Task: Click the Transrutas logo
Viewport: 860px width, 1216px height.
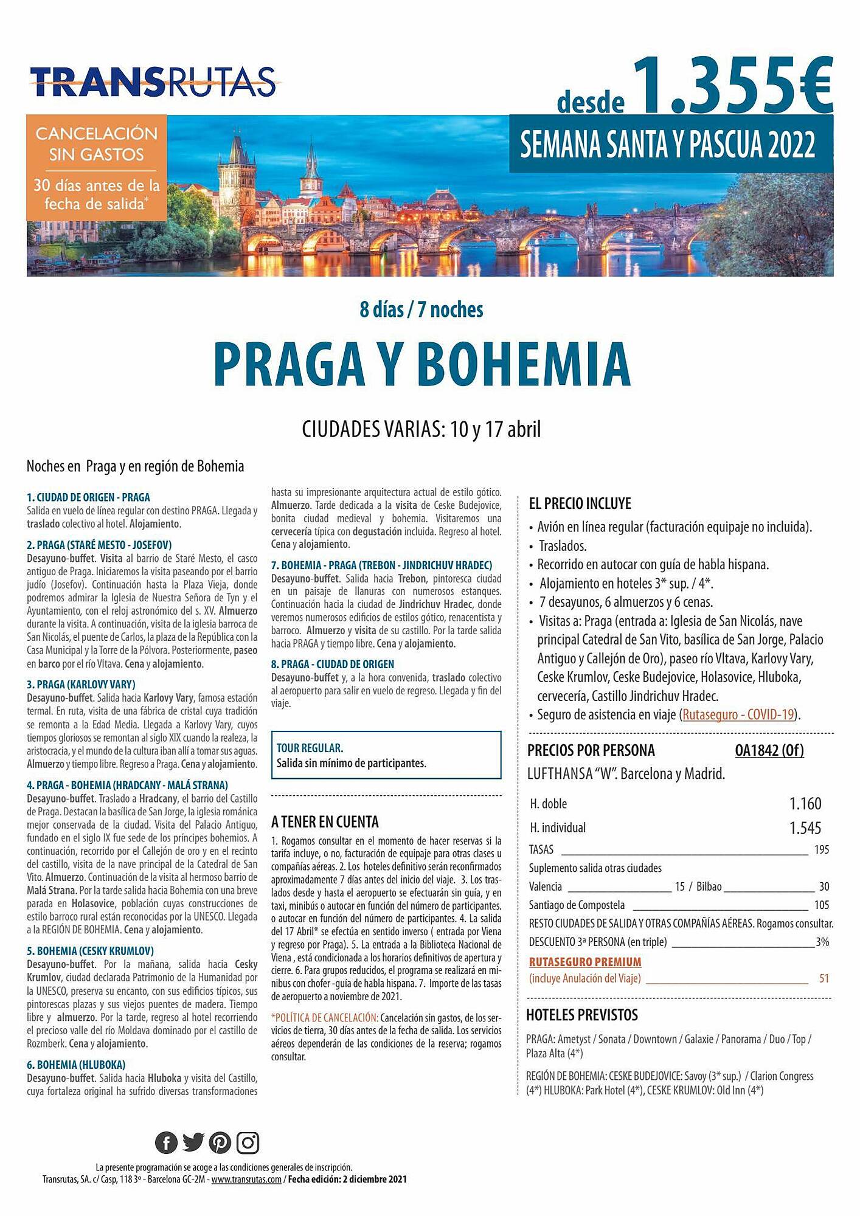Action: [153, 81]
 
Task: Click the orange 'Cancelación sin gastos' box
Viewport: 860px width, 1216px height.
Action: [96, 168]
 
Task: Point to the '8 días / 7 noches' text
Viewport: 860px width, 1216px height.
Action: [421, 309]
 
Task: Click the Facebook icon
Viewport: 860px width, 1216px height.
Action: [166, 1143]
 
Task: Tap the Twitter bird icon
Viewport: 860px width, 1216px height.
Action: [193, 1142]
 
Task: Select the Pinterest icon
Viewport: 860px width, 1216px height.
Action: [220, 1143]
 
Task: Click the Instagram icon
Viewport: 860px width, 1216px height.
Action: [248, 1143]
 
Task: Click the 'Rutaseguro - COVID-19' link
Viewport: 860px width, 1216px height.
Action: [738, 714]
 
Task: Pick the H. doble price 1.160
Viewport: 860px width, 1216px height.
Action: [805, 804]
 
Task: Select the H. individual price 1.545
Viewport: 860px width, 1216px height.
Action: [805, 828]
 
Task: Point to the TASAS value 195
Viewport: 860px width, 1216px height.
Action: [821, 850]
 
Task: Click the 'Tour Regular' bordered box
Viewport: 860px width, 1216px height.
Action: [386, 755]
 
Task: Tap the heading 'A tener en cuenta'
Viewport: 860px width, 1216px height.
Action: [325, 822]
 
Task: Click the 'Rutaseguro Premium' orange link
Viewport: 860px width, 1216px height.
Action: [585, 962]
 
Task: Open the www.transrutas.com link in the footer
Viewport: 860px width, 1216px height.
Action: [246, 1180]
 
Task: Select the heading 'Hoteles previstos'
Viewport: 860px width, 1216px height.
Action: [582, 1015]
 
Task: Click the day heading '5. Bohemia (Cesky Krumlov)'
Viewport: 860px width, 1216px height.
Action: [91, 951]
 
